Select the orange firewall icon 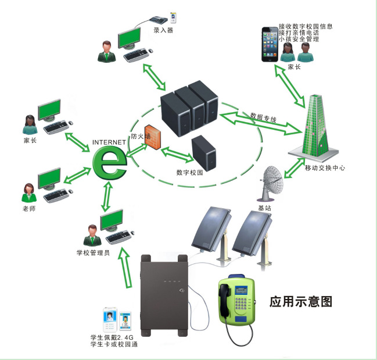tap(153, 139)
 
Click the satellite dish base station tap(269, 183)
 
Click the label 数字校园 tap(189, 173)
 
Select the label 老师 tap(28, 208)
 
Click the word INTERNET tap(108, 141)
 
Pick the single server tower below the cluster tap(204, 151)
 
